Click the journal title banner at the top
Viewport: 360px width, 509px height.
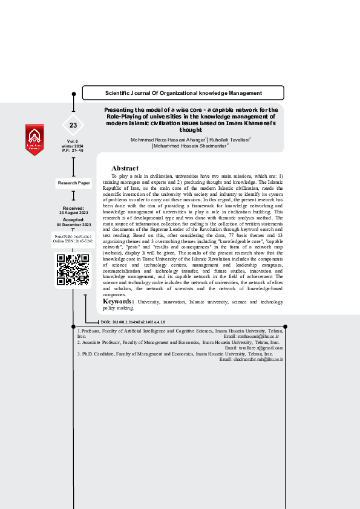click(x=183, y=93)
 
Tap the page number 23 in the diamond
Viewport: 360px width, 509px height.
click(x=73, y=125)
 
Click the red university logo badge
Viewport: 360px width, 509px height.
click(x=34, y=140)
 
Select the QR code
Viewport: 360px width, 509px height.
click(x=73, y=270)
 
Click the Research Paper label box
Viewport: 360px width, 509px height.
click(x=74, y=183)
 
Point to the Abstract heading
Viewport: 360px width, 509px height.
click(x=125, y=168)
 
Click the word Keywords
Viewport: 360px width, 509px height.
click(x=118, y=301)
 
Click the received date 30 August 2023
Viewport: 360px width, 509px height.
click(x=73, y=213)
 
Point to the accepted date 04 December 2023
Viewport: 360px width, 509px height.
click(x=73, y=225)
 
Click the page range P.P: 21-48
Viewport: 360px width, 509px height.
click(x=73, y=150)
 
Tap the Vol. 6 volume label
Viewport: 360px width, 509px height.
click(x=73, y=141)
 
